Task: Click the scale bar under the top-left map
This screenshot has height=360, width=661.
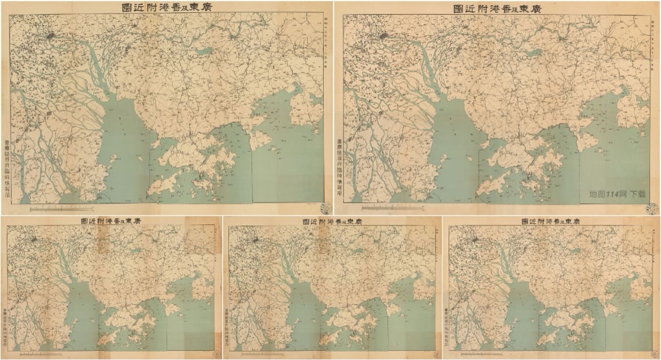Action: [62, 209]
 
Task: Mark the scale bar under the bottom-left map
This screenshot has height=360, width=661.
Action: [41, 353]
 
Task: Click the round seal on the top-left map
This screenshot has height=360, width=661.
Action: [325, 207]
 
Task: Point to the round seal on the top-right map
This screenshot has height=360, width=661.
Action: [652, 208]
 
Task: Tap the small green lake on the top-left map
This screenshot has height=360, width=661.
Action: [205, 51]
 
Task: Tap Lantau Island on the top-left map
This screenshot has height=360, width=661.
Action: [163, 185]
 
